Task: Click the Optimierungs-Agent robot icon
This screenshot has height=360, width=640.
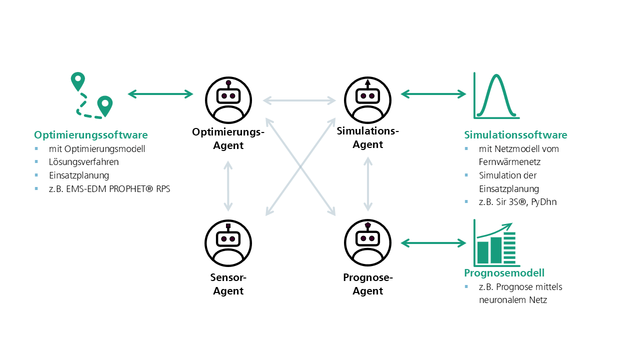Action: point(228,100)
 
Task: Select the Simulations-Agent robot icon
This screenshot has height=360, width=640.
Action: point(368,100)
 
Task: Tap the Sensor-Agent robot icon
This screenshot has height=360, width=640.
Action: point(228,243)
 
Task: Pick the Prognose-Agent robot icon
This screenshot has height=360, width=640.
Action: point(368,243)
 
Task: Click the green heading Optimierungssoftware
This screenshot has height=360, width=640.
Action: point(90,135)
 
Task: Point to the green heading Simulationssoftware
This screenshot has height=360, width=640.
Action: point(515,135)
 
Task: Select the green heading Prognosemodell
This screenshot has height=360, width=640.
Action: point(504,273)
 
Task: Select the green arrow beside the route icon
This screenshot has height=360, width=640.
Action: point(160,93)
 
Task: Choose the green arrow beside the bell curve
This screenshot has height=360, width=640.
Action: point(433,93)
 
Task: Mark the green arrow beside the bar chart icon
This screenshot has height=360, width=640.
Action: point(433,243)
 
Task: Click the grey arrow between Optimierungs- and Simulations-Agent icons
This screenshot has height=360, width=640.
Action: point(299,100)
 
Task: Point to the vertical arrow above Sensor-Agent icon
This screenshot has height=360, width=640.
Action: point(228,186)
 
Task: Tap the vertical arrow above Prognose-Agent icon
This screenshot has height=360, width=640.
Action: point(368,184)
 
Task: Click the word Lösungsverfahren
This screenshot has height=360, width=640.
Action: point(83,162)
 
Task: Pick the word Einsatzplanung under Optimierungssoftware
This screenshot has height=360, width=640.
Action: point(79,175)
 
